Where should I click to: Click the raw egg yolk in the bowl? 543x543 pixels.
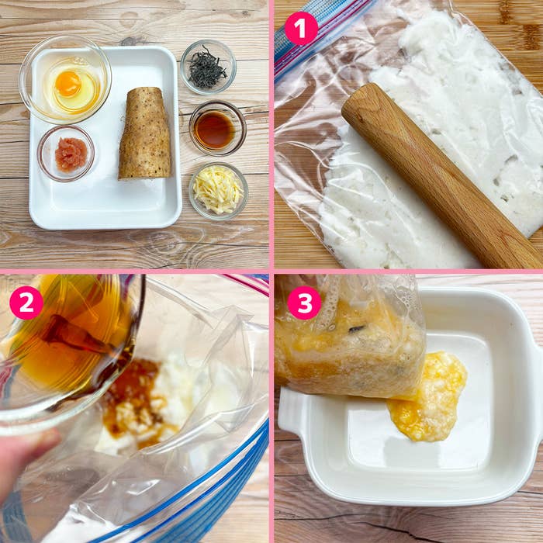[68, 84]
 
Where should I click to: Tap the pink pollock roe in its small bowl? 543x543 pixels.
[71, 154]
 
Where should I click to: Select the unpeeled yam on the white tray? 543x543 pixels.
[146, 133]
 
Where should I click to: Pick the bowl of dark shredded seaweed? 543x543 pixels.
[208, 67]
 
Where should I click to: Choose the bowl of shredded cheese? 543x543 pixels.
[218, 191]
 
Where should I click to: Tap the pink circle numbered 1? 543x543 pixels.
[301, 29]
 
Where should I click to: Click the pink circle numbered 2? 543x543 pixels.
[26, 303]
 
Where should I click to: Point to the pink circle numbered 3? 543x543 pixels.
[304, 303]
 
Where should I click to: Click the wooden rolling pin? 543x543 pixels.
[440, 177]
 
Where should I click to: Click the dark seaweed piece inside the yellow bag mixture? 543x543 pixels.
[357, 328]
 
